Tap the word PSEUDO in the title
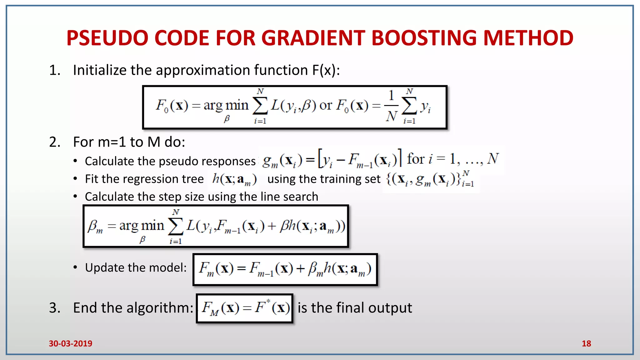(107, 38)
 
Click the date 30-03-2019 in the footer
(70, 343)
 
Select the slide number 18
(586, 343)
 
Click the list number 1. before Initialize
(55, 70)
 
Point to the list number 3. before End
(55, 308)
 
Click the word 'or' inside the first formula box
(326, 106)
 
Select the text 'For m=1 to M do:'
(129, 142)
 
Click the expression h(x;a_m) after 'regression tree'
(234, 179)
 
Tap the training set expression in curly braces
(430, 179)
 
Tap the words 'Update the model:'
(136, 268)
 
